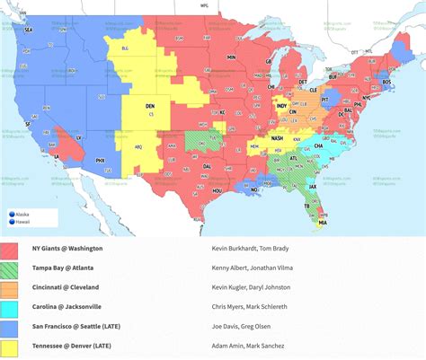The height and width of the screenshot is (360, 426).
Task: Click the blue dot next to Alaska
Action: (x=12, y=215)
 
